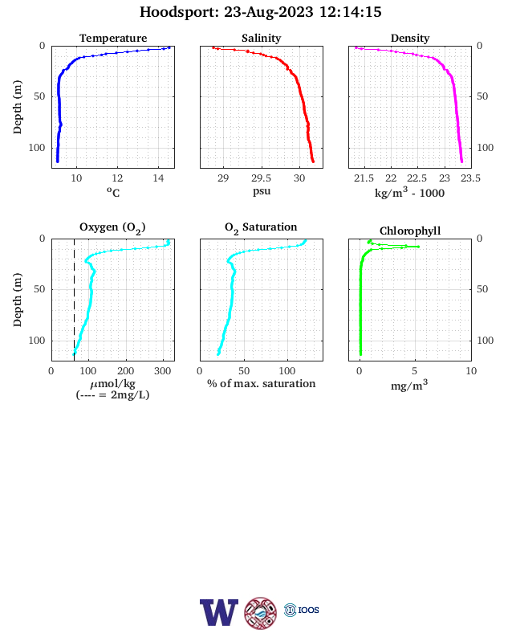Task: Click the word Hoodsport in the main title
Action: click(x=179, y=12)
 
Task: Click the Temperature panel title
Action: click(x=113, y=38)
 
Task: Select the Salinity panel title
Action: click(x=262, y=38)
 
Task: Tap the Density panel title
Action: click(x=410, y=38)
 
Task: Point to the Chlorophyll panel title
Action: click(x=410, y=231)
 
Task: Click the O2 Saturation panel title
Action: click(x=261, y=227)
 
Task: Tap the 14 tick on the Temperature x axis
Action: click(x=158, y=178)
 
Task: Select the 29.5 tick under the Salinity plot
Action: click(x=262, y=178)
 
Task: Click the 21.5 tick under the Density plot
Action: click(x=364, y=178)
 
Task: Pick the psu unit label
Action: click(x=262, y=191)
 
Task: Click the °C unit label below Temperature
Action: click(x=113, y=192)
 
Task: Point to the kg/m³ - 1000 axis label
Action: click(x=409, y=192)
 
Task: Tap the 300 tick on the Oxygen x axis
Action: click(x=163, y=371)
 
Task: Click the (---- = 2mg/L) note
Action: click(x=112, y=394)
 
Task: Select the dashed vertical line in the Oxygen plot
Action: click(x=74, y=300)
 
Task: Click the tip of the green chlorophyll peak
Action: click(x=418, y=247)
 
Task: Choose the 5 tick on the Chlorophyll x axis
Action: click(x=415, y=371)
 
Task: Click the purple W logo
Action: click(x=219, y=612)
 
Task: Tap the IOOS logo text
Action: click(x=309, y=610)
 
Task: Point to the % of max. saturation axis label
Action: click(x=262, y=383)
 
